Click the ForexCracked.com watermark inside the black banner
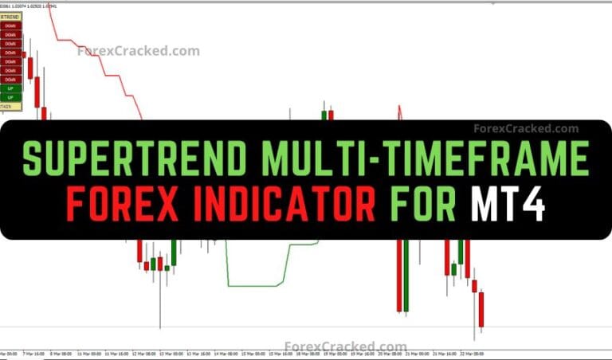[526, 128]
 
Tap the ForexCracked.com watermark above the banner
[139, 51]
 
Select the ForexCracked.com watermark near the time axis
[346, 346]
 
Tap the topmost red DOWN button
[10, 25]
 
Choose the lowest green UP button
[10, 97]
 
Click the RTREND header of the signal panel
[10, 17]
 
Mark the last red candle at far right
[481, 308]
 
